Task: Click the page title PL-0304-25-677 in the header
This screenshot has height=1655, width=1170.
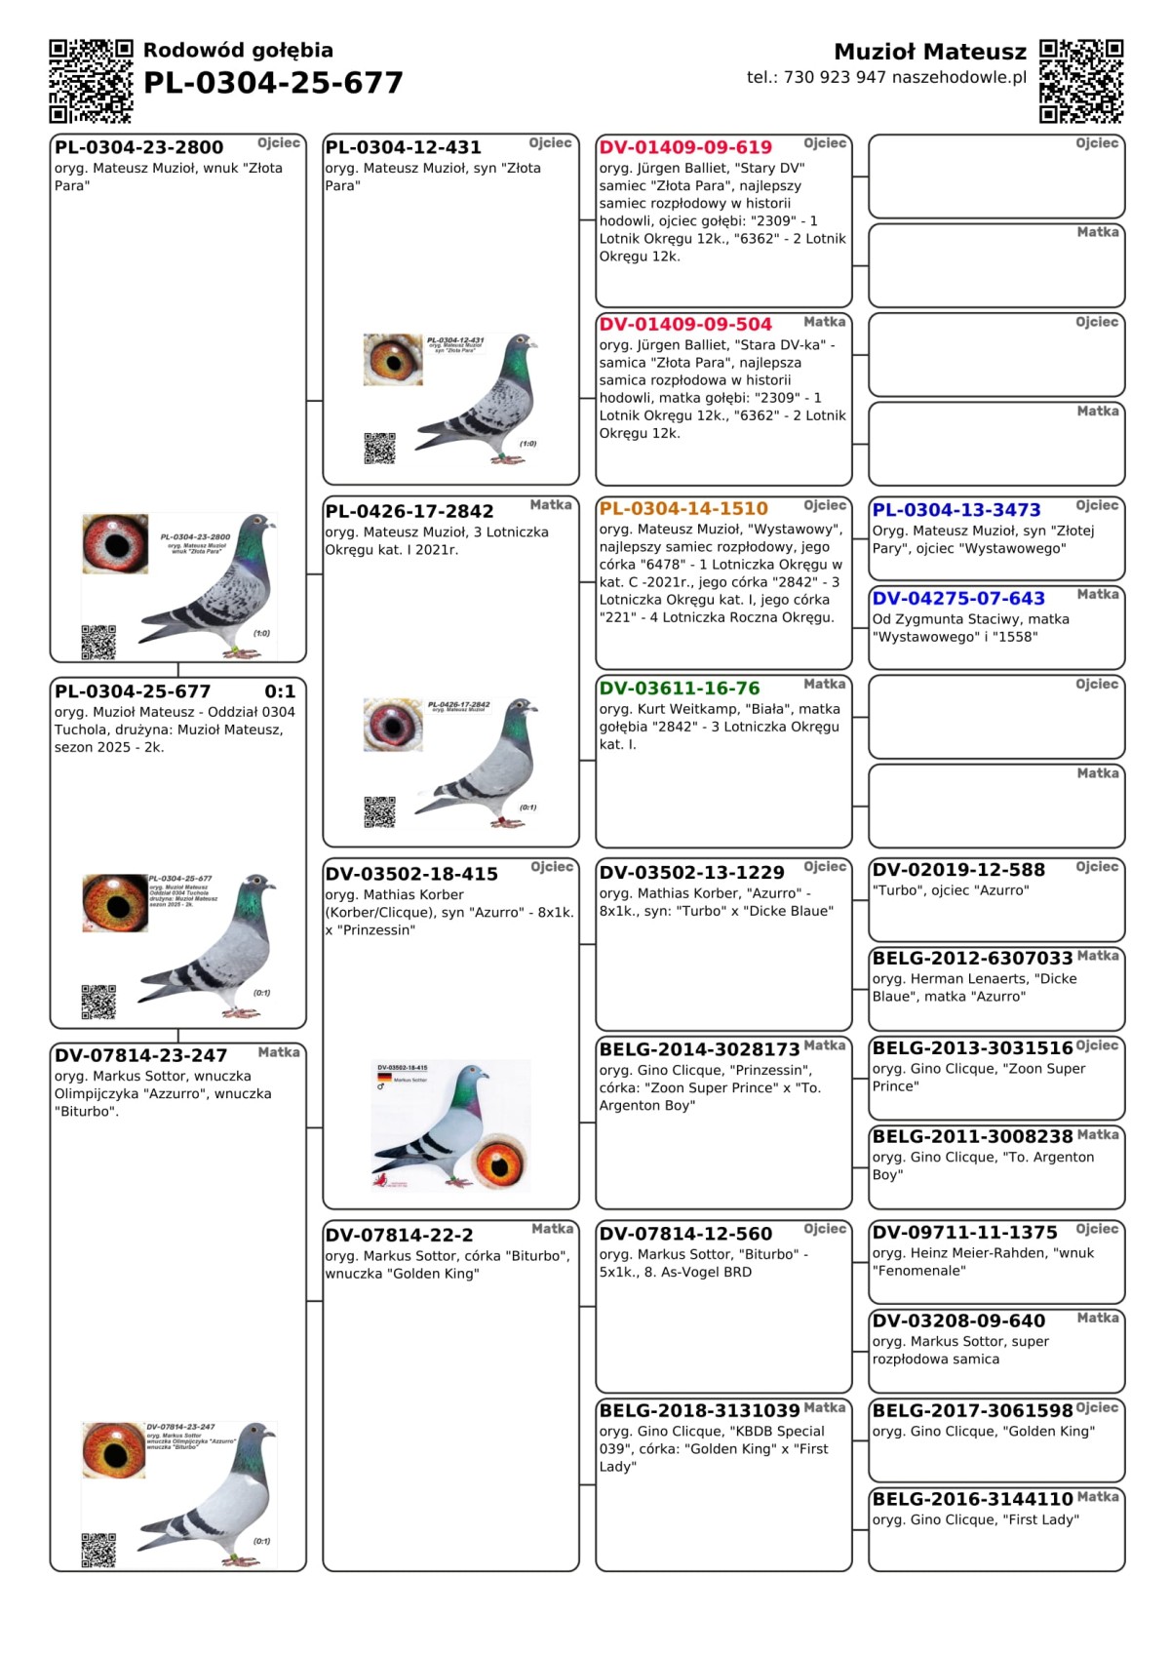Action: tap(273, 84)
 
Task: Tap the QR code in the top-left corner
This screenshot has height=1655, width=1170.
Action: tap(91, 81)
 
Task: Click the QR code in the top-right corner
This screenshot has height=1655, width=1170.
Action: tap(1081, 81)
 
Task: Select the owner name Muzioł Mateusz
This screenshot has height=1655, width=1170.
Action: tap(930, 52)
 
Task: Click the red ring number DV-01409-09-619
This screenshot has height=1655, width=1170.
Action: tap(685, 147)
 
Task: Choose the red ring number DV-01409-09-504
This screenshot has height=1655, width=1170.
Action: tap(685, 324)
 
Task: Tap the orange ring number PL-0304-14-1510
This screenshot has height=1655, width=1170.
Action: tap(683, 508)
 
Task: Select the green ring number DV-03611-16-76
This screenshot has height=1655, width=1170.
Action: tap(680, 689)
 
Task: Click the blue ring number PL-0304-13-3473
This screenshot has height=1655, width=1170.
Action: tap(956, 510)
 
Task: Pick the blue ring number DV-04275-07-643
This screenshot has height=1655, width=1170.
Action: tap(958, 599)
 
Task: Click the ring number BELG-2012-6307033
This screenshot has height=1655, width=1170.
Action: tap(972, 959)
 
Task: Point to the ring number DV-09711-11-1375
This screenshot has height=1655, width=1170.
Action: tap(964, 1233)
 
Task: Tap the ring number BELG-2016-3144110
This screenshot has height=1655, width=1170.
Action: tap(972, 1499)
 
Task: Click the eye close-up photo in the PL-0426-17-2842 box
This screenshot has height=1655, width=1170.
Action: tap(392, 725)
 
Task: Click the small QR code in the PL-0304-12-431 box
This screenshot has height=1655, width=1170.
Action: tap(379, 448)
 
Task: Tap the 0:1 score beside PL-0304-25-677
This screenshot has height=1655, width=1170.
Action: tap(280, 691)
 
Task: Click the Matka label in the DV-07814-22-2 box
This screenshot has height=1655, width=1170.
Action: tap(552, 1229)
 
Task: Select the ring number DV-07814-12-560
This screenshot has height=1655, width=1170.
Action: tap(685, 1235)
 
